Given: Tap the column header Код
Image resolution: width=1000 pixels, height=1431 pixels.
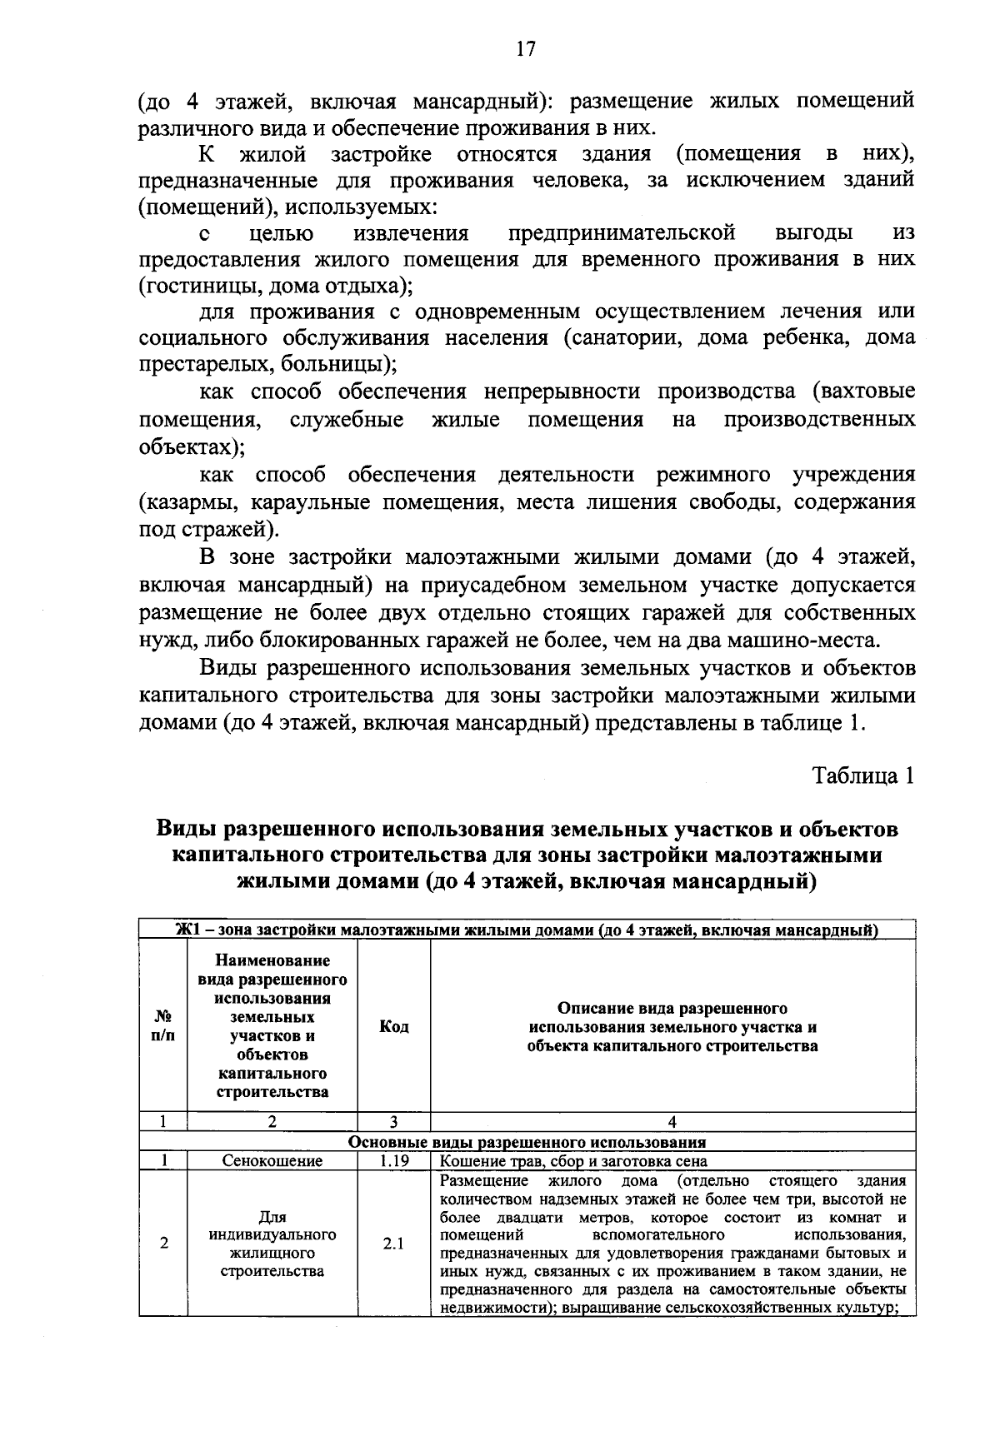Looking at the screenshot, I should coord(393,1026).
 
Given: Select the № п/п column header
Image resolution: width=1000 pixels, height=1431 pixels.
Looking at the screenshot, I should coord(164,1026).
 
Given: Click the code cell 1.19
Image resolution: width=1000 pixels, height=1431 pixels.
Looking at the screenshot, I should coord(393,1160).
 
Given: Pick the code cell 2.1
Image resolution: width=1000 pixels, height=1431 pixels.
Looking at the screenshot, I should coord(393,1244).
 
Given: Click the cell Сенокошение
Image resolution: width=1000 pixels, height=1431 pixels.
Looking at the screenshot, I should coord(272,1160).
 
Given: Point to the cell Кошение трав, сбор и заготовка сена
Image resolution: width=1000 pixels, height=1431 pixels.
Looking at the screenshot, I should coord(573,1160).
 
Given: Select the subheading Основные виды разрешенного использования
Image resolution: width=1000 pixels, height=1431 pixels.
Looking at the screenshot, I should coord(527,1142).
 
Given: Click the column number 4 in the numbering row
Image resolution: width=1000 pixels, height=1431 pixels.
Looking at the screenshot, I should coord(672,1122).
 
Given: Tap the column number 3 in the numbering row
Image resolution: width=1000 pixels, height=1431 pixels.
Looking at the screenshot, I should coord(393,1122).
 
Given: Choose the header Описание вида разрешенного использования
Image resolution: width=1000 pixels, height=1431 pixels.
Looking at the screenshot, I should coord(672,1026).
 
